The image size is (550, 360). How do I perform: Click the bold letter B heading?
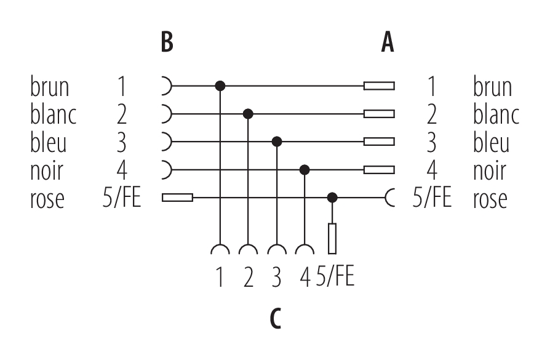[x=167, y=42]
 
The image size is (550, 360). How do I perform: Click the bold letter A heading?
[x=387, y=42]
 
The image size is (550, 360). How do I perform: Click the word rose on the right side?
[x=490, y=198]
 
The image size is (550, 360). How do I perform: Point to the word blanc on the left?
[x=53, y=114]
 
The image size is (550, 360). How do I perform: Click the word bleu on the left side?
[x=49, y=142]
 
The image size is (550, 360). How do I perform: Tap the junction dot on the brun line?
[x=220, y=86]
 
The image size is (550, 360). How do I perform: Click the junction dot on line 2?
[x=248, y=114]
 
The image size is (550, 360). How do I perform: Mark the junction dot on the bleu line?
[x=277, y=142]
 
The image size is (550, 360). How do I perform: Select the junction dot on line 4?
[x=305, y=169]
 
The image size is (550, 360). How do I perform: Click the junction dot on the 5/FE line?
[x=333, y=198]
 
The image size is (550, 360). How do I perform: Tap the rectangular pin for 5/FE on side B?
[x=177, y=198]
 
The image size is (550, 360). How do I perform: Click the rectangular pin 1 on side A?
[x=379, y=86]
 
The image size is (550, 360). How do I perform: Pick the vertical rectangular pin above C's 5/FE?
[x=333, y=239]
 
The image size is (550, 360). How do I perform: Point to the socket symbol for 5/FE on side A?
[x=390, y=198]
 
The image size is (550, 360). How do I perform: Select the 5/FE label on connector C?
[x=336, y=277]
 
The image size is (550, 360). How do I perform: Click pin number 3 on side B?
[x=122, y=142]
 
